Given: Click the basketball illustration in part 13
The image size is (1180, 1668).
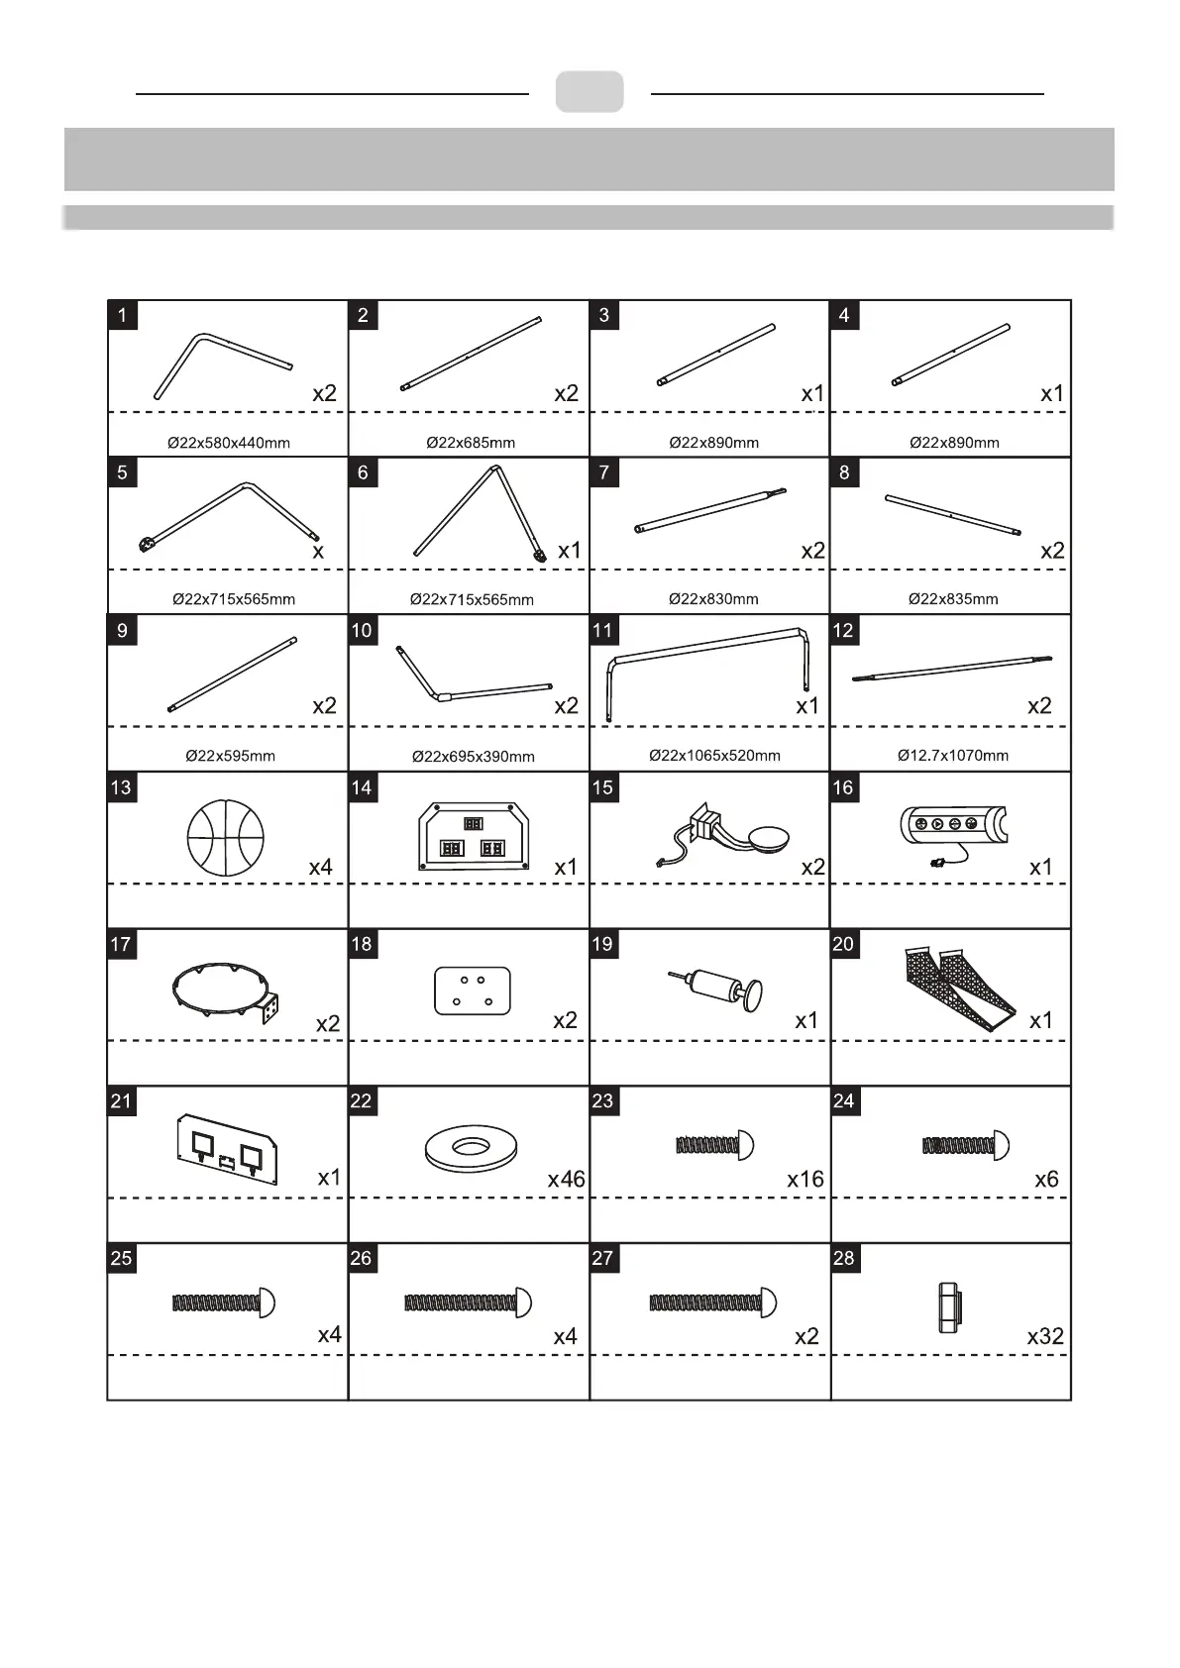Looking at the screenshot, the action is [226, 837].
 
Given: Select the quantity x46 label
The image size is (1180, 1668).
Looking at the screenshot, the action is [566, 1179].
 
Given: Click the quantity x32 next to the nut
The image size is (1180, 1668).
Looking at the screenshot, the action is [1045, 1336].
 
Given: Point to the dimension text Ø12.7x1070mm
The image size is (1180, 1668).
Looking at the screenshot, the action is [953, 756].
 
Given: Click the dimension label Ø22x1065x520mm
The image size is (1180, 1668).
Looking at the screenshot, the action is [714, 756].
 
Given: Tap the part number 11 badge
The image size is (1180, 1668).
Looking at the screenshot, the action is [602, 630].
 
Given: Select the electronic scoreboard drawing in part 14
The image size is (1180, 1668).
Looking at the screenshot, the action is [474, 837].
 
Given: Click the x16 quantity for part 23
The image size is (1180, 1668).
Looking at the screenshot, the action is [805, 1179].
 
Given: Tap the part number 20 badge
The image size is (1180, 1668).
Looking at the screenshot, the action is [843, 944].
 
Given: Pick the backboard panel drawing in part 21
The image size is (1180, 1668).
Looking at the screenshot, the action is [227, 1148].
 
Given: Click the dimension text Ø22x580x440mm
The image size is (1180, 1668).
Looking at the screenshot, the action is [229, 443].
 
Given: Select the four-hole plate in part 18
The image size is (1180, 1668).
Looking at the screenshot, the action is [473, 990].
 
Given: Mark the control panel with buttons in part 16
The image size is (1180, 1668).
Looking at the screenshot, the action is [953, 826].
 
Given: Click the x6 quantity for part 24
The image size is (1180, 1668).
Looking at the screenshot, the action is [1046, 1179].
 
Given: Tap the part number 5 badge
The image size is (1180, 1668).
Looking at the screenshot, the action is [122, 472].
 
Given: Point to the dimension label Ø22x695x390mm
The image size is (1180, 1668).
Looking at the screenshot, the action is [474, 757].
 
